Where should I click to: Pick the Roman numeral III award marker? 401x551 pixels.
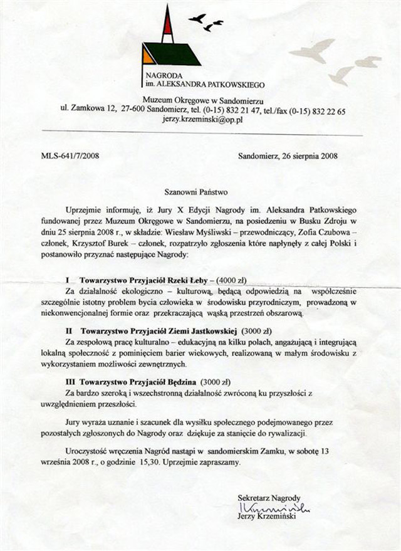pyautogui.click(x=70, y=381)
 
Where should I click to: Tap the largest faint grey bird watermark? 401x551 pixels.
pyautogui.click(x=313, y=50)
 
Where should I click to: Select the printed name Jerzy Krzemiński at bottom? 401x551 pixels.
pyautogui.click(x=270, y=517)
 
